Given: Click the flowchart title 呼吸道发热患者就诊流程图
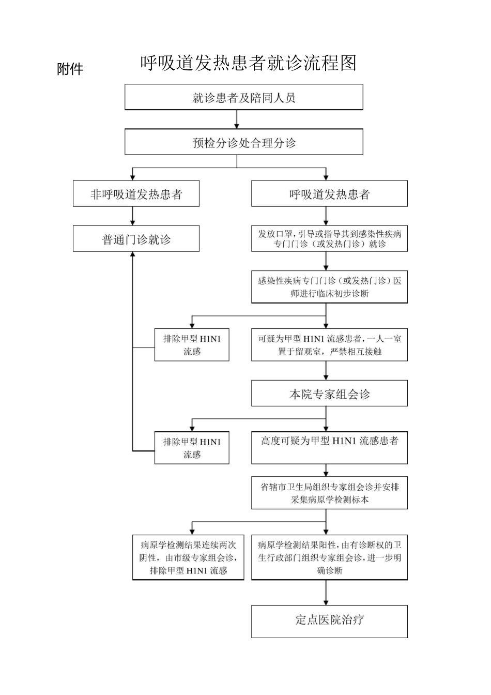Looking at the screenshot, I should coord(248,63).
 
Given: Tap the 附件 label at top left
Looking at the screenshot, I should coord(70,69).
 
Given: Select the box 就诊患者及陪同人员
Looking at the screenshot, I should coord(243,97).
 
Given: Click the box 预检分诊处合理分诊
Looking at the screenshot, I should coord(243,142).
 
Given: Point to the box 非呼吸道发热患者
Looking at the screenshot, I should coord(136,194).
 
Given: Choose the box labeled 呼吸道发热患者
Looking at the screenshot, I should coord(329,194).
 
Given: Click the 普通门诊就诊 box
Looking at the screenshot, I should coord(136,239).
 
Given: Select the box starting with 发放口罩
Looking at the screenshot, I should coord(329,238).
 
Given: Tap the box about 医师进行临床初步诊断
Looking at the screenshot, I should coord(329,287).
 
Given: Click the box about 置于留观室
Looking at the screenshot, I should coord(329,345).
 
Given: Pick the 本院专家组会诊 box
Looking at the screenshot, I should coord(329,394).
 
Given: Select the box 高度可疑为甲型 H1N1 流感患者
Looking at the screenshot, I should coord(329,447).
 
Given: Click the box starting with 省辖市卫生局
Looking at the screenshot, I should coord(329,493).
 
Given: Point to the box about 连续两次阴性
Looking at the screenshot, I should coord(188,557).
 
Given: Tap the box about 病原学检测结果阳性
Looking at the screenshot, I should coord(329,557).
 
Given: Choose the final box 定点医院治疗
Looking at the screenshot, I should coord(329,621).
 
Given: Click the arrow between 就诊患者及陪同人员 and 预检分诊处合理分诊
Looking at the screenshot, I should coord(237,119).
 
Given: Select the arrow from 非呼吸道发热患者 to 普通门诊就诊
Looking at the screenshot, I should coord(133,216).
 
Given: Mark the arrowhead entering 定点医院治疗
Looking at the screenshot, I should coord(326,601).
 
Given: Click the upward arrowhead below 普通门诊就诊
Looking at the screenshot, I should coord(133,255).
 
